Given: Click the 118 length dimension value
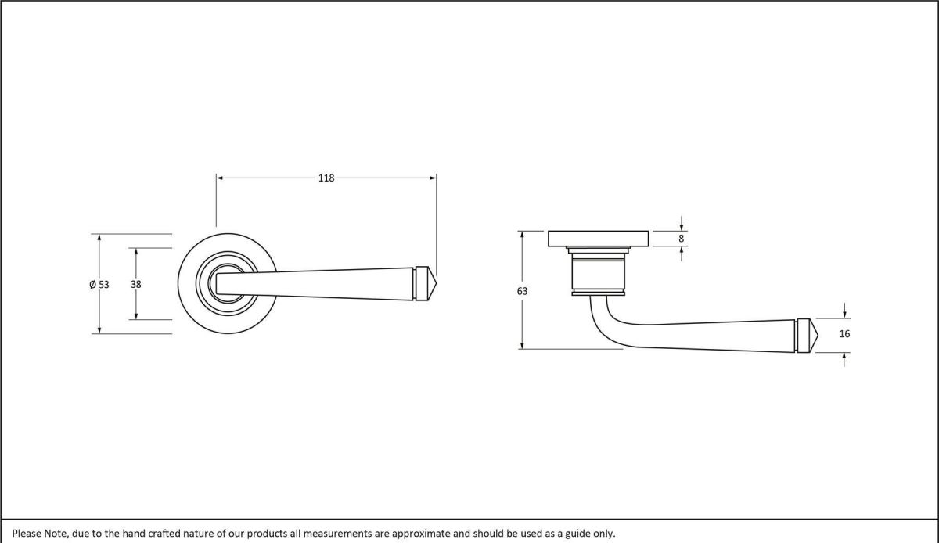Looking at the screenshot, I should [326, 178].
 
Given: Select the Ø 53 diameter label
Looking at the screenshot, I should [99, 285].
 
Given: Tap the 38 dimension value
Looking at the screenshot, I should [136, 285].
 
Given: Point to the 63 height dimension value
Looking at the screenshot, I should [522, 291].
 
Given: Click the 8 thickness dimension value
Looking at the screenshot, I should [682, 238].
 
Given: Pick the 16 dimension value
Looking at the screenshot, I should [844, 334].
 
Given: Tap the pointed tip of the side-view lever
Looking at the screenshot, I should [817, 334].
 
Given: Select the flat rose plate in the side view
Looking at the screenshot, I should [599, 238].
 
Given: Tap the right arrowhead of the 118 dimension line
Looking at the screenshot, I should [432, 178].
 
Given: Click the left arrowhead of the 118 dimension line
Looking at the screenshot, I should [221, 178].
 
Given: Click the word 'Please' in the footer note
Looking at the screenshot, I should [27, 533].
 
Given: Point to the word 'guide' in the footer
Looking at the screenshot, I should [576, 533].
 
